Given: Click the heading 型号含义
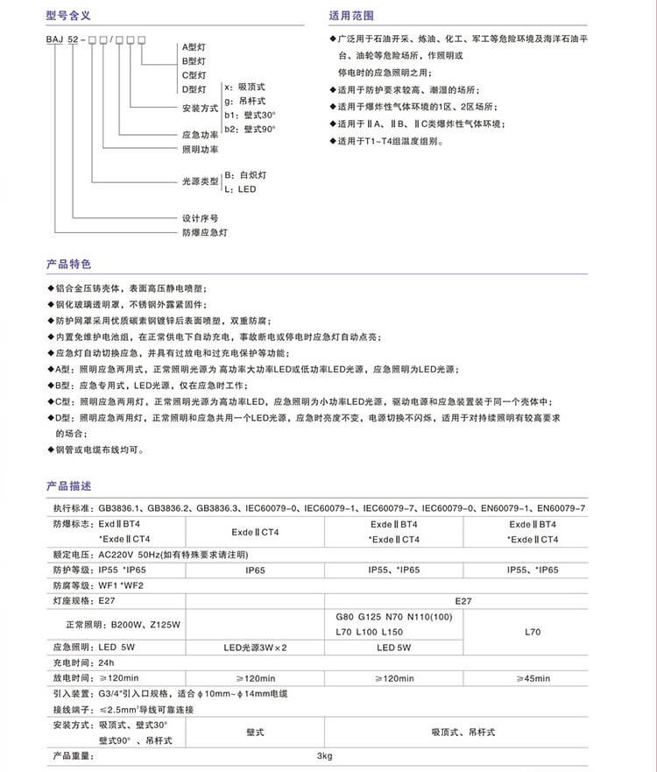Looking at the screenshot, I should click(68, 16).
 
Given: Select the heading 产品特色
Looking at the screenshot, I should click(68, 264).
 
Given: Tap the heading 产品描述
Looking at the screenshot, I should click(68, 485).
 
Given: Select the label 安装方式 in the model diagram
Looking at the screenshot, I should click(199, 108).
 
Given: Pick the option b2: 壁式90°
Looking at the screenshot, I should click(250, 129).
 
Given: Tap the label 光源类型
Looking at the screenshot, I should click(199, 181).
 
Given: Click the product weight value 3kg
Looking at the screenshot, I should click(325, 755).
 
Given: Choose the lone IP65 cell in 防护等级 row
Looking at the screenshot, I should click(255, 570).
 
